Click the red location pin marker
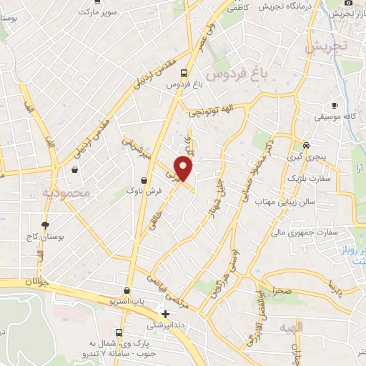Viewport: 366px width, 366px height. pos(184,167)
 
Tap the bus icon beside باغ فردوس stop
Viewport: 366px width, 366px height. pos(184,72)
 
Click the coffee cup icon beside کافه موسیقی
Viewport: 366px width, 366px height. pos(335,105)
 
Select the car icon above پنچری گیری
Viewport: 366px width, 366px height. pos(306,142)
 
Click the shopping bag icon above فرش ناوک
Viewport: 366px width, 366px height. pos(145,180)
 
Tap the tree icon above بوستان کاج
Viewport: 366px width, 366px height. pos(45,224)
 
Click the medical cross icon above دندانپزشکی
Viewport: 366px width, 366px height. pos(166,314)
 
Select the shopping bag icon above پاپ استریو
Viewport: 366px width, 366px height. pos(127,291)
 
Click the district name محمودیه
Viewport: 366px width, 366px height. pos(66,193)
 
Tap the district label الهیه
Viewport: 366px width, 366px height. pos(312,327)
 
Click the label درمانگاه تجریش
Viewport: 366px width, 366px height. pos(282,6)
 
